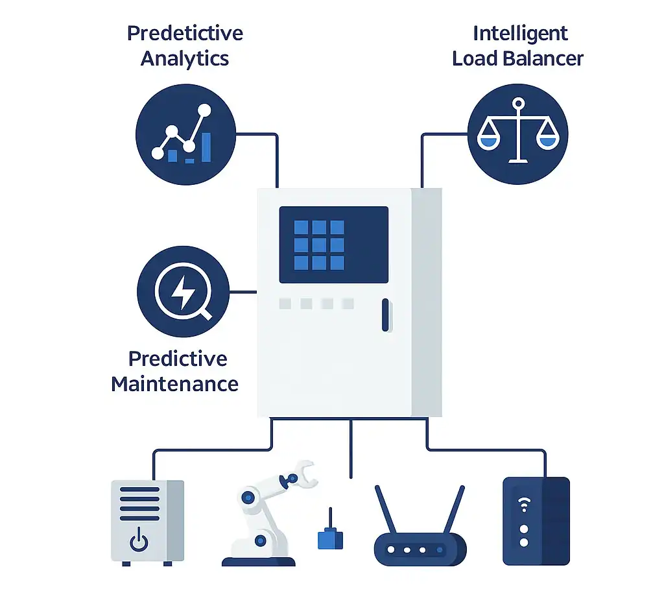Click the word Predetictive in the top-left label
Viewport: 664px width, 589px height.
[185, 34]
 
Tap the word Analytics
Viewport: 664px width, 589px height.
[185, 59]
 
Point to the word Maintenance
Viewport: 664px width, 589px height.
[174, 383]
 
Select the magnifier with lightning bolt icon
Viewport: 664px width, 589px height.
[184, 293]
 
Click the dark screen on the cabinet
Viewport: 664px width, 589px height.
[333, 245]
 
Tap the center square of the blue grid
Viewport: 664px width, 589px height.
[319, 245]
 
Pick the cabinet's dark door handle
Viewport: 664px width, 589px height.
[385, 315]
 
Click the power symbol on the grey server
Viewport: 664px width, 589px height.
[139, 540]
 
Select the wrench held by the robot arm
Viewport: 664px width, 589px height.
[299, 474]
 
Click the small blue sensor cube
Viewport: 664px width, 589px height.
[330, 538]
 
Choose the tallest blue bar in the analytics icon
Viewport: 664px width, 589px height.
[206, 147]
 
